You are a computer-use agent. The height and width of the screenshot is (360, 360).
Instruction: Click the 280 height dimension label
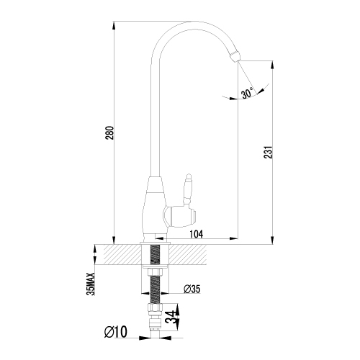110,133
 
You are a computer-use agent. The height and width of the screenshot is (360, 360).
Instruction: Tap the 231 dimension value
269,152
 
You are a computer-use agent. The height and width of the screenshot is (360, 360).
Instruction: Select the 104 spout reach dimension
197,234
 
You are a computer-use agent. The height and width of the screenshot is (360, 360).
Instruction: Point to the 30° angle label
248,93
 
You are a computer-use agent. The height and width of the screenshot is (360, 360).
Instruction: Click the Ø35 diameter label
192,289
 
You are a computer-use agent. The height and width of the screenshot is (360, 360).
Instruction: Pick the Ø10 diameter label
116,332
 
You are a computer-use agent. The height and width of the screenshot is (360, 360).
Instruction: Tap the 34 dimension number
172,317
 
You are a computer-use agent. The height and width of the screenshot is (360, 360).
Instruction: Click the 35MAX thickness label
91,284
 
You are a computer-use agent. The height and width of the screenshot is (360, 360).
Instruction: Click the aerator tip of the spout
235,55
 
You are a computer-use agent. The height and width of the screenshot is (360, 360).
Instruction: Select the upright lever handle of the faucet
188,189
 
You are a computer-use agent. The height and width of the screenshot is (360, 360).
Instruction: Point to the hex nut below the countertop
155,272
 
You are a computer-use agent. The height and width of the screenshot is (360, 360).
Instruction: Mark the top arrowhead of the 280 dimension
114,26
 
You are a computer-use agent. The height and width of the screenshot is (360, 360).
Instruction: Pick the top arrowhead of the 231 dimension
272,66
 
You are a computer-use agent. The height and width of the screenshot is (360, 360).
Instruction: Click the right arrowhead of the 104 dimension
233,238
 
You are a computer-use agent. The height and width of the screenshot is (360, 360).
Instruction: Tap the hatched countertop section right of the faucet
188,254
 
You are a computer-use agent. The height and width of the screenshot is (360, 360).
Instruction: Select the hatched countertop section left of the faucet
123,254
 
